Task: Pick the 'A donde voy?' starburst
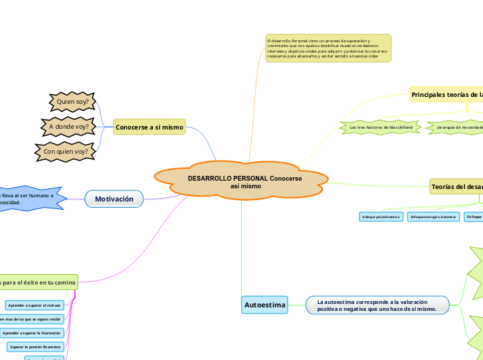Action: (68, 127)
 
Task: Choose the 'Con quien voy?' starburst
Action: (65, 151)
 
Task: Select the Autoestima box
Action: (265, 305)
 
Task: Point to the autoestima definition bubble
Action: (376, 305)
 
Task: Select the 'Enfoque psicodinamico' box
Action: (380, 217)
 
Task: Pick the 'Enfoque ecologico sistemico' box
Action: (433, 217)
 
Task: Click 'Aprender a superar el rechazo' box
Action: (35, 305)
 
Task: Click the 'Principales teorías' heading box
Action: (446, 94)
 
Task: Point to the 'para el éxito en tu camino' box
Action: (38, 282)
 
